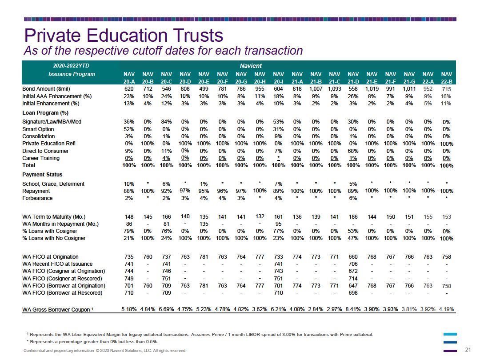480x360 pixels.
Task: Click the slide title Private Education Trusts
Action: (124, 35)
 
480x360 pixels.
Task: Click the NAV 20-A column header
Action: (129, 78)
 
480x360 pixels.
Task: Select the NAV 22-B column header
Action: (446, 78)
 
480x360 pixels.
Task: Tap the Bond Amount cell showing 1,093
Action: (334, 89)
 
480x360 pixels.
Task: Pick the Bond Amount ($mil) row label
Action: (46, 89)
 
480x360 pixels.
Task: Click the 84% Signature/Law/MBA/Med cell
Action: (166, 121)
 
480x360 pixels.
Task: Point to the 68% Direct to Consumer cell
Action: (353, 151)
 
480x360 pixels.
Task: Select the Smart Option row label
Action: (38, 129)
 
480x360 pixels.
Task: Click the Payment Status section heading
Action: (42, 175)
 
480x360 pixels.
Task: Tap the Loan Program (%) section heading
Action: (45, 112)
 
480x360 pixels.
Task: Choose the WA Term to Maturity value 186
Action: (353, 217)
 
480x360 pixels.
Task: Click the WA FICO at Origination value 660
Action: (353, 257)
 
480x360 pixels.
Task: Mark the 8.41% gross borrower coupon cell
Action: (353, 309)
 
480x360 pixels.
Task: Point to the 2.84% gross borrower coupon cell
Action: (316, 309)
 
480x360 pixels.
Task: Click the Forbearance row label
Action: (37, 198)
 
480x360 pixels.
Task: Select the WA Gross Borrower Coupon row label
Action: (57, 309)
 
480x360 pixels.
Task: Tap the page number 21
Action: (468, 350)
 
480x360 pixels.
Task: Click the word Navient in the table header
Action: (251, 66)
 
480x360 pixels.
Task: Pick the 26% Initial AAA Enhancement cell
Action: (353, 96)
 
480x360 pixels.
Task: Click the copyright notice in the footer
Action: (105, 351)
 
